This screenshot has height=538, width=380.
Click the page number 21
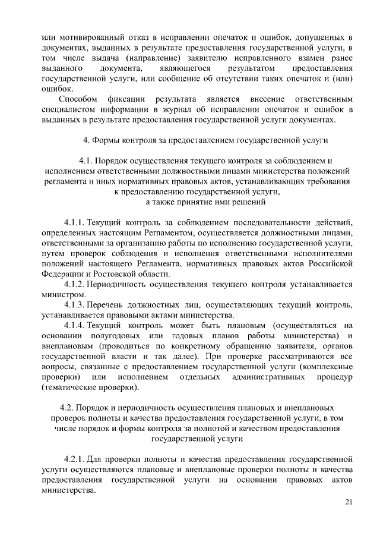[x=349, y=503]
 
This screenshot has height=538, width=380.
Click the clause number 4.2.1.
[x=74, y=460]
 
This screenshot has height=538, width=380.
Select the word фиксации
[x=127, y=97]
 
